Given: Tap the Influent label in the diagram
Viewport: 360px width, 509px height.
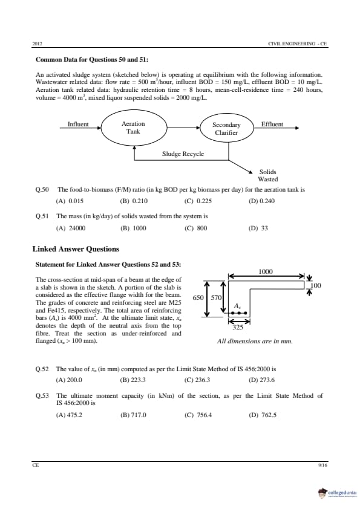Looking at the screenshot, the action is click(78, 124).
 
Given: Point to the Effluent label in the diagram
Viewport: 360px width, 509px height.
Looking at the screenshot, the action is click(272, 125).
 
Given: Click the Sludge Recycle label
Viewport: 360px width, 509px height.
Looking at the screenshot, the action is click(183, 154).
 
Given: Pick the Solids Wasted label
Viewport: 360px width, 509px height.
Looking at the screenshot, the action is click(267, 176).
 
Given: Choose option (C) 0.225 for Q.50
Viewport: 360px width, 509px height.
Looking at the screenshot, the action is click(198, 201).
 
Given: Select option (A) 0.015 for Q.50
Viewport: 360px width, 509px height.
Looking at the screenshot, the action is click(70, 201).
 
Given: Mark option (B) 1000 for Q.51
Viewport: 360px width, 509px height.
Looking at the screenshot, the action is click(133, 229).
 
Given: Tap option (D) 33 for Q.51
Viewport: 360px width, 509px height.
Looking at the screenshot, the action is click(258, 229).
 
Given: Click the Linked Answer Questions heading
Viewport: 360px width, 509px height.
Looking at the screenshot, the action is click(76, 249).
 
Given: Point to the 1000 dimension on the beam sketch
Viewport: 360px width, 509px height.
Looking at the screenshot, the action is click(266, 271).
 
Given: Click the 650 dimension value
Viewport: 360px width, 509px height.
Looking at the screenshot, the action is click(198, 297).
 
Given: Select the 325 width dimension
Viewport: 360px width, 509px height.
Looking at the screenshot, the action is click(238, 327).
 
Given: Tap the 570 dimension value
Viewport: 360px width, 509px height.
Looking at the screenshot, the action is click(216, 297).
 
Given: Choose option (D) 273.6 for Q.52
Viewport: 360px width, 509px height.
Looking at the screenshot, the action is click(261, 380).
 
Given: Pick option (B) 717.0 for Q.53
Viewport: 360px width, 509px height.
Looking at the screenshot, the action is click(133, 415).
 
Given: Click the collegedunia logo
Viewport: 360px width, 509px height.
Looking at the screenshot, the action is click(337, 493).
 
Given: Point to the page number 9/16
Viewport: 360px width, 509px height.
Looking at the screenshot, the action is click(323, 465).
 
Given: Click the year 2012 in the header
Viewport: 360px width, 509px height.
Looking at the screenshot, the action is click(38, 44).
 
